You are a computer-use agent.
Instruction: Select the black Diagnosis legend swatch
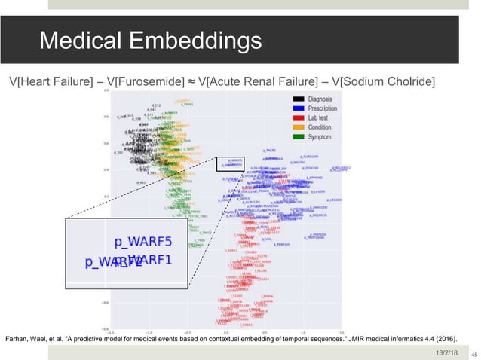pyautogui.click(x=300, y=99)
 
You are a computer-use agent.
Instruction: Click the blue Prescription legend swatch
pyautogui.click(x=300, y=108)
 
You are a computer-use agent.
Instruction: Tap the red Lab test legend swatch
pyautogui.click(x=300, y=118)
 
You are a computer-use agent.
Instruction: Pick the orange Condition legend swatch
pyautogui.click(x=300, y=127)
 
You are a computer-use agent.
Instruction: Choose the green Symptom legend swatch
pyautogui.click(x=300, y=136)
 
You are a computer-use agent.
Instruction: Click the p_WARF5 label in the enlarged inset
pyautogui.click(x=143, y=243)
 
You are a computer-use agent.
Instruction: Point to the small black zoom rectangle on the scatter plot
pyautogui.click(x=231, y=164)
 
